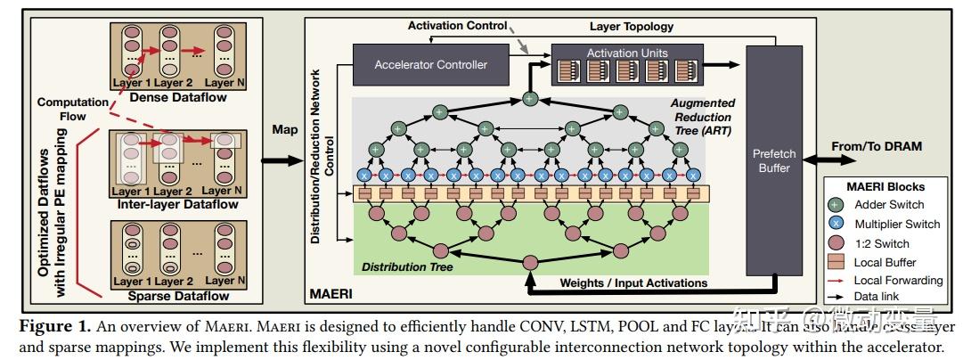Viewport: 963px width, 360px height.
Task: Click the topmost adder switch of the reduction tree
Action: click(x=530, y=98)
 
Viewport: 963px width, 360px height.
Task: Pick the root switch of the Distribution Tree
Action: click(x=530, y=262)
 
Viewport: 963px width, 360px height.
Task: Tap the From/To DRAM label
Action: click(x=876, y=146)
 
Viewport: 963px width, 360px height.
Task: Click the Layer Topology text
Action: click(x=632, y=27)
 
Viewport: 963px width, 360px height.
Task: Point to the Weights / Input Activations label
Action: click(x=633, y=283)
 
